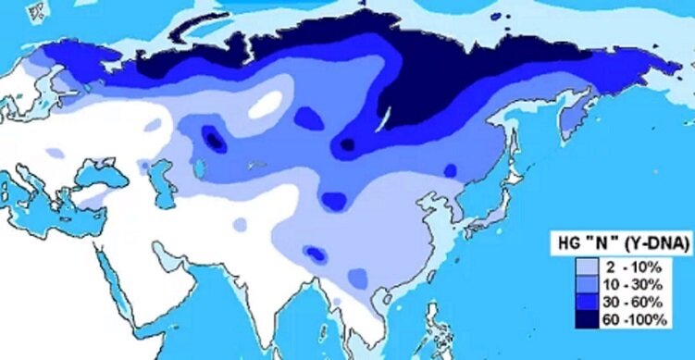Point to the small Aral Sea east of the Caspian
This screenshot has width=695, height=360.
[x=200, y=167]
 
